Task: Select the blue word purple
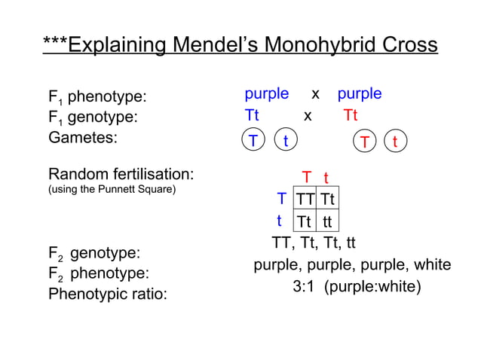click(266, 94)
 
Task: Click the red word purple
click(360, 94)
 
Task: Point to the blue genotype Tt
click(252, 116)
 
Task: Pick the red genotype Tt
click(351, 116)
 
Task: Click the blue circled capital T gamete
click(253, 141)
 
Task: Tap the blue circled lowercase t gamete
click(285, 141)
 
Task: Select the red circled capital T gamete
click(365, 142)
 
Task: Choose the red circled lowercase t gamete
click(396, 142)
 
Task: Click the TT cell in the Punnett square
click(305, 200)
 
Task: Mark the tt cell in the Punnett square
click(326, 221)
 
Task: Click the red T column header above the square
click(307, 178)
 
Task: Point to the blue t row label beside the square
click(279, 221)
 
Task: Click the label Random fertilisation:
click(121, 175)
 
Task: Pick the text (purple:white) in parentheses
click(372, 288)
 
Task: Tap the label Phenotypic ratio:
click(107, 294)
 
